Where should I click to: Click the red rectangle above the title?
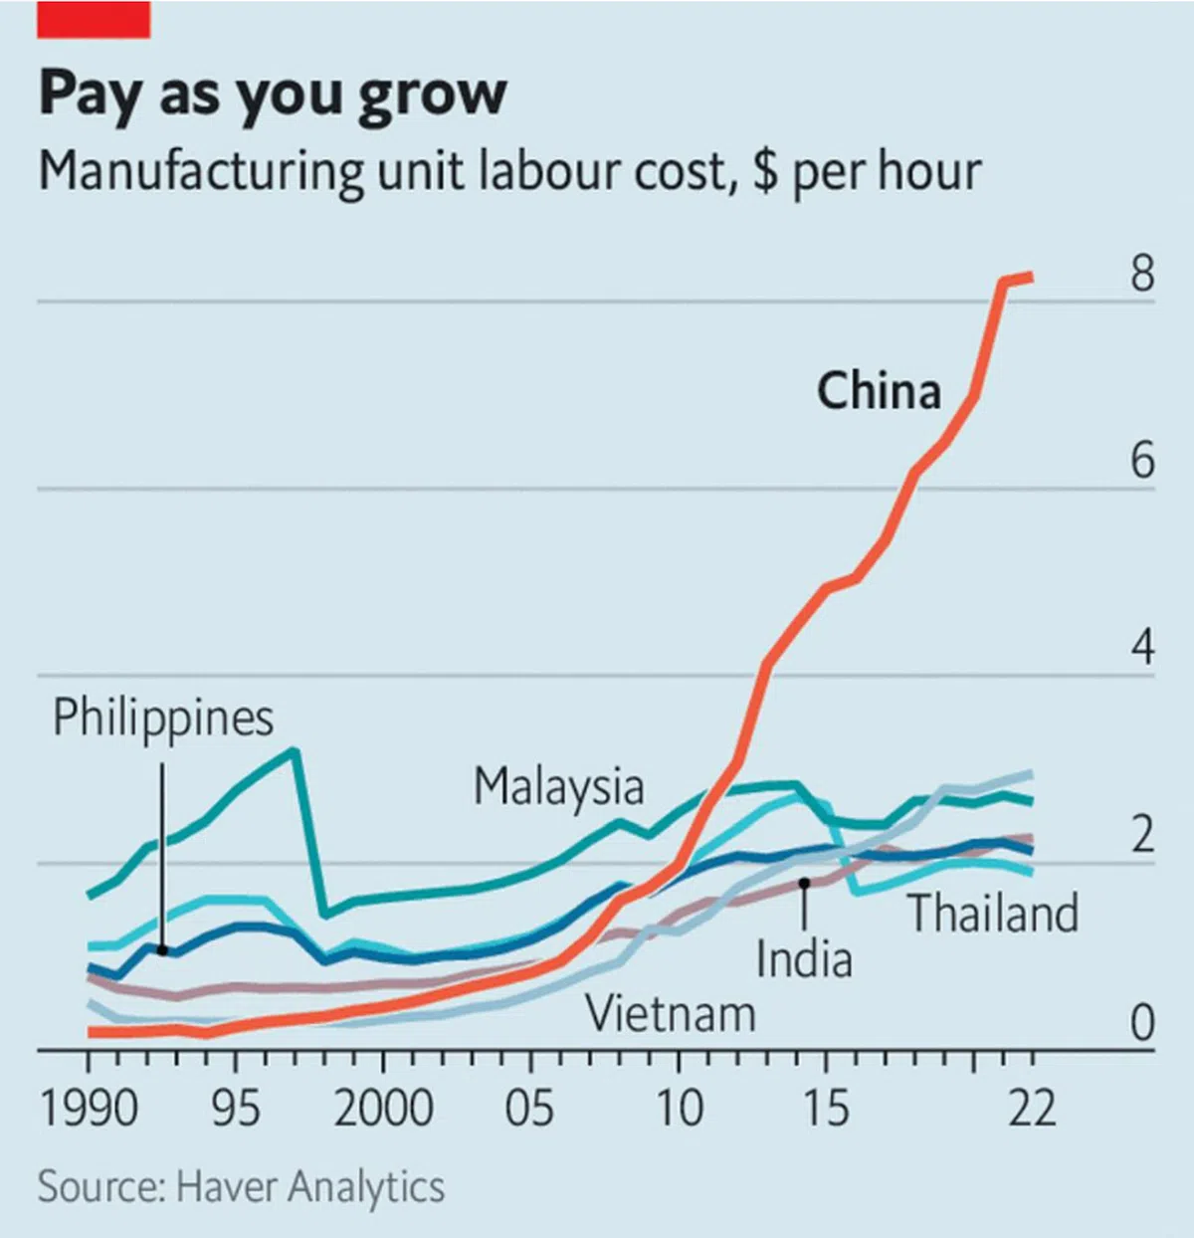(94, 19)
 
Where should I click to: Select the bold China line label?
(879, 390)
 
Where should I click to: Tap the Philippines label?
(163, 719)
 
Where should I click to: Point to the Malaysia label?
(558, 787)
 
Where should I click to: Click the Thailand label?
(993, 914)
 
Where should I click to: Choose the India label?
(804, 960)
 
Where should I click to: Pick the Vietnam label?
(671, 1015)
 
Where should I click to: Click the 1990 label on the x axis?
(89, 1108)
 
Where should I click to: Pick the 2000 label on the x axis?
(383, 1108)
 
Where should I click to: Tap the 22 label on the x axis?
(1032, 1108)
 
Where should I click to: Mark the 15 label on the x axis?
(826, 1108)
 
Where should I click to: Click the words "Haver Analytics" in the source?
(309, 1187)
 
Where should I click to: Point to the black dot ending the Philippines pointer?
(163, 950)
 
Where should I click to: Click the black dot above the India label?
(804, 883)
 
